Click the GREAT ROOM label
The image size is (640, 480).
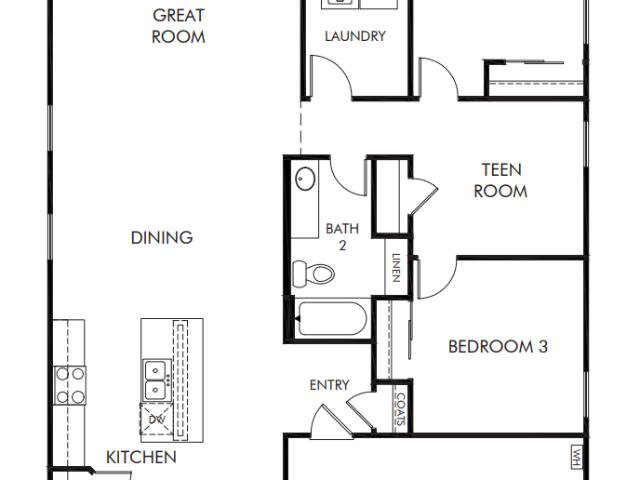tap(178, 26)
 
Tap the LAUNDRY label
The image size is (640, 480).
tap(355, 36)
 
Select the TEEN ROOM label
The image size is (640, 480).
tap(501, 180)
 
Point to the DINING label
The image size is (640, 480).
tap(162, 238)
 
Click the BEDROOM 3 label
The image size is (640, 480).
tap(498, 347)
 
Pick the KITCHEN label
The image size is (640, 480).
tap(141, 457)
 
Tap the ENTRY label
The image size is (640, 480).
tap(329, 385)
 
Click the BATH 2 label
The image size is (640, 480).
tap(342, 237)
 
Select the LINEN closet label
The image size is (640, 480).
tap(396, 268)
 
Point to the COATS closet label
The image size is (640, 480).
tap(401, 409)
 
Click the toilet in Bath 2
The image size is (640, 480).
tap(313, 273)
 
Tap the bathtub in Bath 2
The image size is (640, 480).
tap(331, 319)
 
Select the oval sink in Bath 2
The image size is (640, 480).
tap(305, 178)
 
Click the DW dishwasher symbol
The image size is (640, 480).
tap(156, 419)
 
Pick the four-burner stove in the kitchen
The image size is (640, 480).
tap(70, 385)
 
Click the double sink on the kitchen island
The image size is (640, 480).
tap(156, 380)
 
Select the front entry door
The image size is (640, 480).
tap(332, 421)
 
